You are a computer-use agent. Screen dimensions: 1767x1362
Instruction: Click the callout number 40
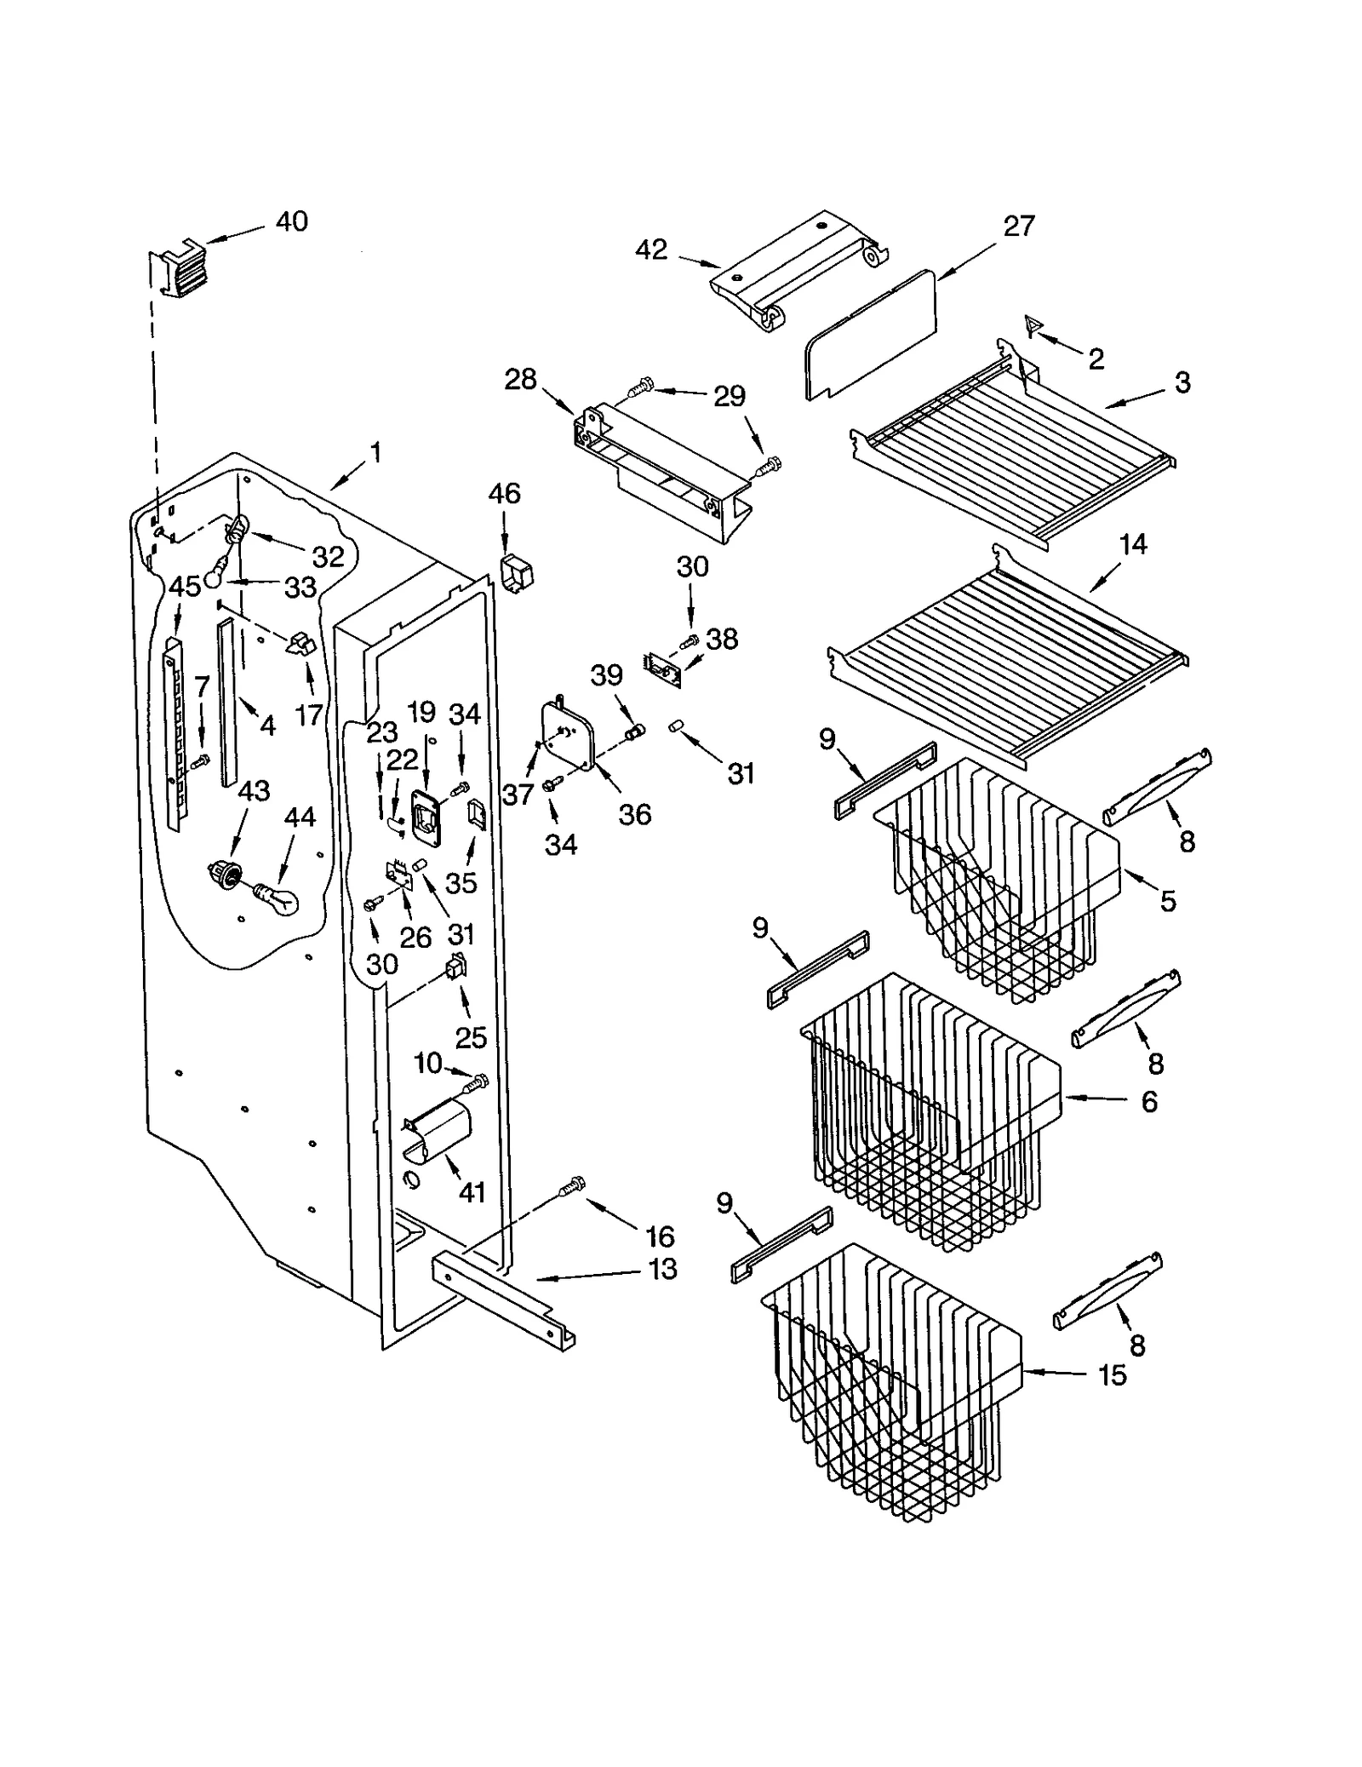coord(291,221)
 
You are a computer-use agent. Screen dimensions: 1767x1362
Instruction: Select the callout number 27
coord(1018,226)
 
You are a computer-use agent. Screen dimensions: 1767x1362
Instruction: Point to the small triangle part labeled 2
coord(1033,324)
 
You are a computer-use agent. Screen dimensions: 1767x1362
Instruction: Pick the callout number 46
coord(504,493)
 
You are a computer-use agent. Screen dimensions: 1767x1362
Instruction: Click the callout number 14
coord(1133,544)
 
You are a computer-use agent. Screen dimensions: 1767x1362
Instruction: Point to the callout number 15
coord(1112,1374)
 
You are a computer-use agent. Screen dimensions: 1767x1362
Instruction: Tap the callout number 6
coord(1148,1102)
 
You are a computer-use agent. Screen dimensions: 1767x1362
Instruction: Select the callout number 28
coord(520,379)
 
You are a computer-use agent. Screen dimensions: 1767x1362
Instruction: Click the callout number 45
coord(184,586)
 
